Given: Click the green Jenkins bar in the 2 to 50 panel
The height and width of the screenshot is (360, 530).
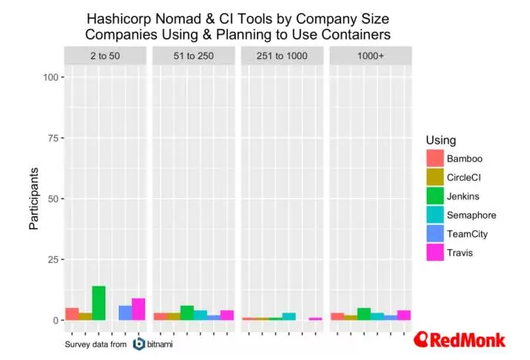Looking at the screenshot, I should point(99,303).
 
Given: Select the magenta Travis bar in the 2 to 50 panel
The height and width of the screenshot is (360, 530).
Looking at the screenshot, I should point(138,310).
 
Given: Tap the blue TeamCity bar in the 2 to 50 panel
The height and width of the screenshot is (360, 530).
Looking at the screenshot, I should point(125,313).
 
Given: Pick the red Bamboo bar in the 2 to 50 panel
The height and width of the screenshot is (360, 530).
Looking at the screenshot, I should point(71,314).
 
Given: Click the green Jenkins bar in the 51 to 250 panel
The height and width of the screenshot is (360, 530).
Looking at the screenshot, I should point(187,313).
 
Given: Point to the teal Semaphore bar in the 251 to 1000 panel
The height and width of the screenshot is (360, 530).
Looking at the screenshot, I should point(289,317).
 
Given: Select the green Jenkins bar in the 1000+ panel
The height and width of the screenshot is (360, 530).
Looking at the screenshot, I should point(364,314).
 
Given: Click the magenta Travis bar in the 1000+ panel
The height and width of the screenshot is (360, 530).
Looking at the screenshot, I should point(404,315).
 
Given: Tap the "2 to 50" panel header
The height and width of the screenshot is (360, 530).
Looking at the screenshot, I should point(105,57).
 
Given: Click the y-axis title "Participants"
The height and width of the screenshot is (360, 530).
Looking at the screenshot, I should point(34,198).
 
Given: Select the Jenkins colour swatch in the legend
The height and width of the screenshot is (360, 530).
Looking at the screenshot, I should point(435,196).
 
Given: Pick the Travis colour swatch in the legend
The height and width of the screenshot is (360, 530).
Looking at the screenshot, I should point(435,251).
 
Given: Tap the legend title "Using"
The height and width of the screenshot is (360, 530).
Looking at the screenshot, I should point(441,140).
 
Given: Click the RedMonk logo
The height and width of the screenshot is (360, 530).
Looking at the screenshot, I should point(459,339).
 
